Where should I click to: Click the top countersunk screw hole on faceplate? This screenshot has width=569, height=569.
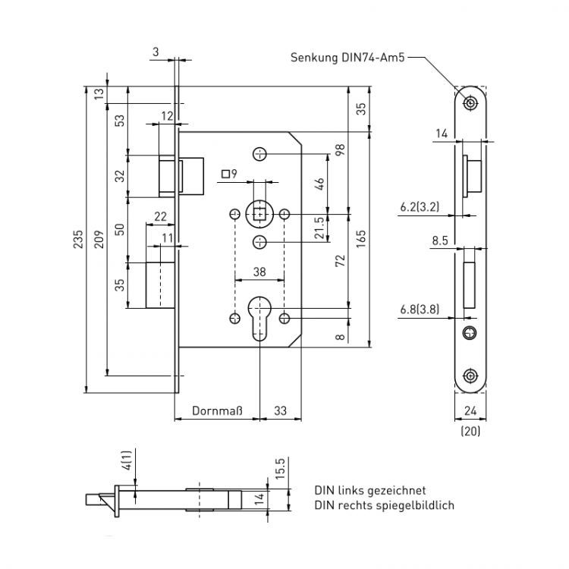471,102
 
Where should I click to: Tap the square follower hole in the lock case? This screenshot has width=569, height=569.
261,213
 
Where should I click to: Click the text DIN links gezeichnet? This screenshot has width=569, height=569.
370,490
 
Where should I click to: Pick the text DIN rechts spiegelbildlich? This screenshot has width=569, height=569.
384,505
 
